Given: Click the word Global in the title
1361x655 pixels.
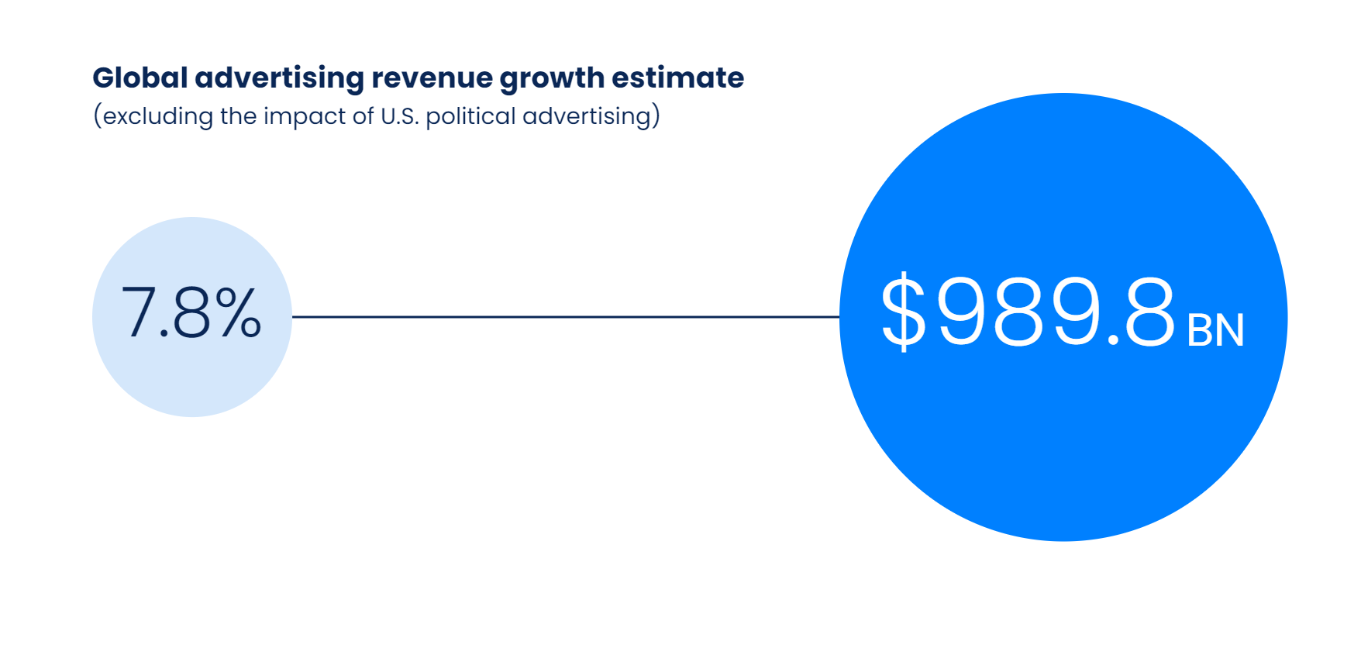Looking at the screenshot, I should click(x=140, y=78).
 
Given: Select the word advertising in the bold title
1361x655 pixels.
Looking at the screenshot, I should click(x=279, y=78).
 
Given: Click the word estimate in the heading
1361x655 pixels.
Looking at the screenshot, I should click(x=677, y=78).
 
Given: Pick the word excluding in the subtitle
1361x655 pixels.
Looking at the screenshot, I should click(x=158, y=116).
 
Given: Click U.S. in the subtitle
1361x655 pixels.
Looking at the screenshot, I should click(x=399, y=116).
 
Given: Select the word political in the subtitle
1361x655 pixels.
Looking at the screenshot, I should click(x=470, y=116).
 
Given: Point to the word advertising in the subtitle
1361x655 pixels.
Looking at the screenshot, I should click(x=587, y=116).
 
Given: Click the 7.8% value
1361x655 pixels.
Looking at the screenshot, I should click(x=191, y=313).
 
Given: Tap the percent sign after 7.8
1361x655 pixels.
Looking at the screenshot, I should click(x=239, y=312).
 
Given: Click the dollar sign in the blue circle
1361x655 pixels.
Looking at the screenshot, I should click(x=904, y=312).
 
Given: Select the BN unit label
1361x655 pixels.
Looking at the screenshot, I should click(x=1215, y=330).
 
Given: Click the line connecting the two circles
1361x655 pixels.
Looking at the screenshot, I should click(x=566, y=316).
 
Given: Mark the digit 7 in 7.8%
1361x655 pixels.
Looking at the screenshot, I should click(x=139, y=312).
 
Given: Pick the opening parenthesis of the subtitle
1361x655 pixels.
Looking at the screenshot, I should click(x=98, y=116).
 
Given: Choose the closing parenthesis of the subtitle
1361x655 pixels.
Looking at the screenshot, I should click(x=656, y=116).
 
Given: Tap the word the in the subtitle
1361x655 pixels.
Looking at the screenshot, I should click(x=238, y=116).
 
